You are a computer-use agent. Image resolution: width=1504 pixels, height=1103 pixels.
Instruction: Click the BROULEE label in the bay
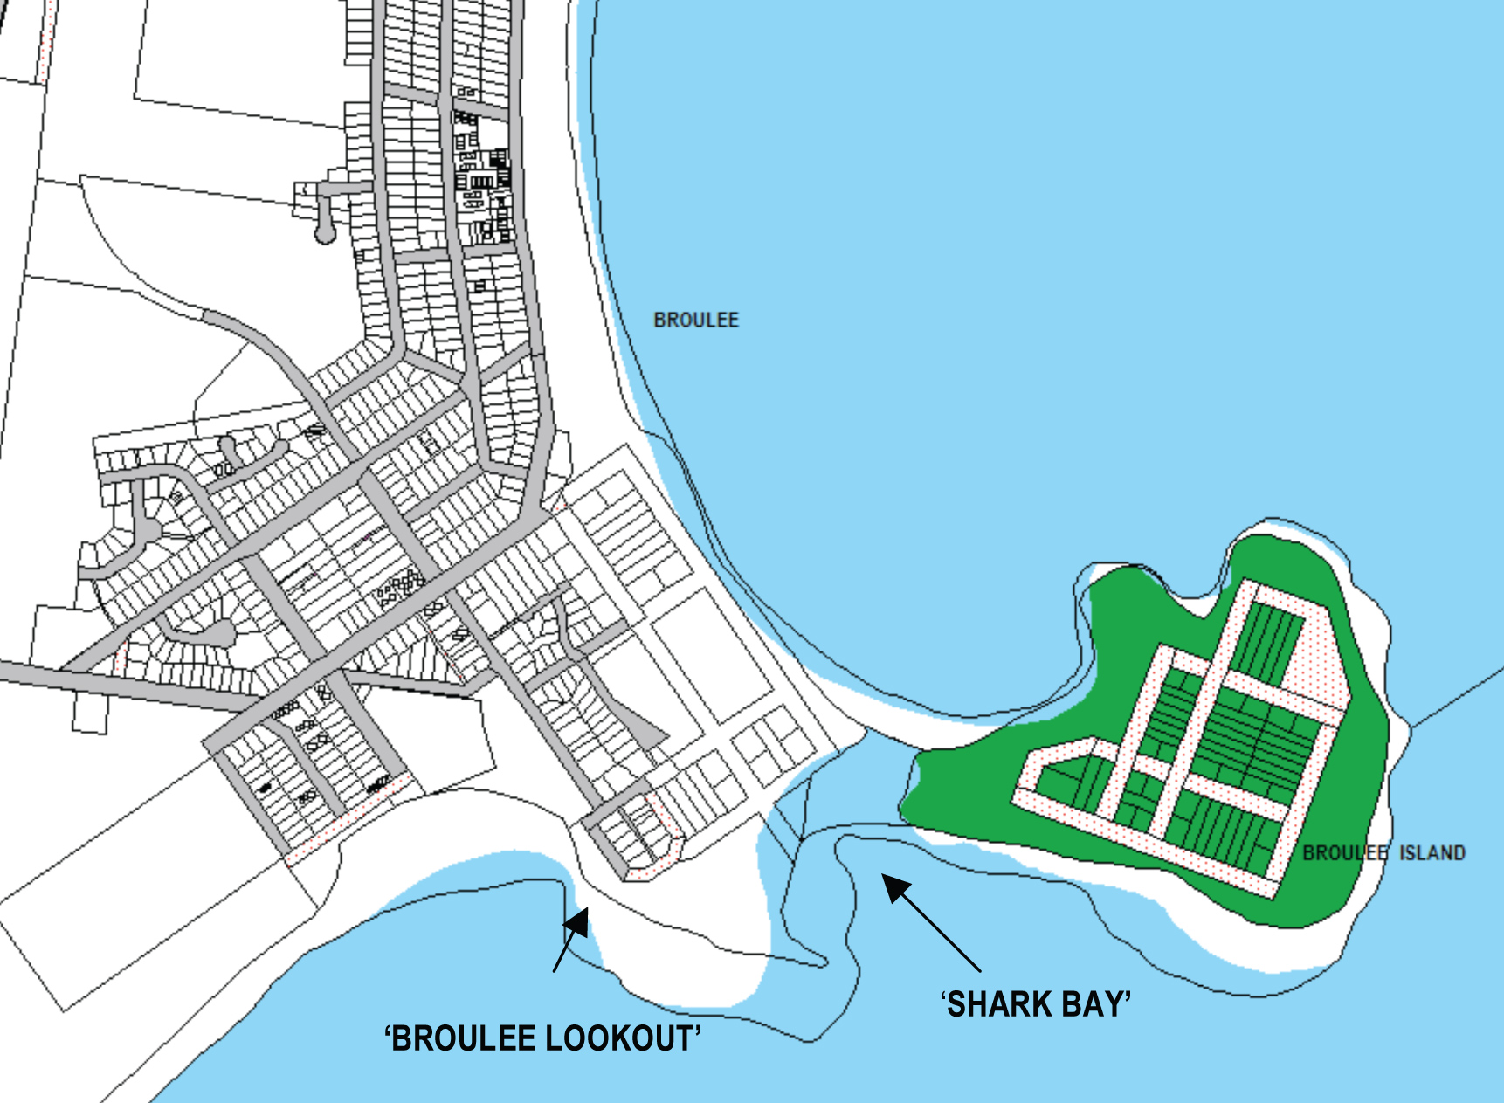[696, 321]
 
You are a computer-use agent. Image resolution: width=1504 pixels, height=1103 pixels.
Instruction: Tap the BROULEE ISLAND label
[1383, 852]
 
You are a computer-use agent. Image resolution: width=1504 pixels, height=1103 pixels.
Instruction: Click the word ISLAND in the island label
[1432, 852]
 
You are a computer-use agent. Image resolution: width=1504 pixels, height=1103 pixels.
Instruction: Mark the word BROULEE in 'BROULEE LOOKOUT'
[464, 1039]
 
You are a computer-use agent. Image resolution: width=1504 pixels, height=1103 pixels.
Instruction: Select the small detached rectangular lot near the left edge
[89, 712]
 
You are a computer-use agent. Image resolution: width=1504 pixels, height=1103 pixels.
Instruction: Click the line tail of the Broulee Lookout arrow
[555, 969]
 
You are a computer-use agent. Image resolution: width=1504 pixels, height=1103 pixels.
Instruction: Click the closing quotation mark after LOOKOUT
[699, 1031]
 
